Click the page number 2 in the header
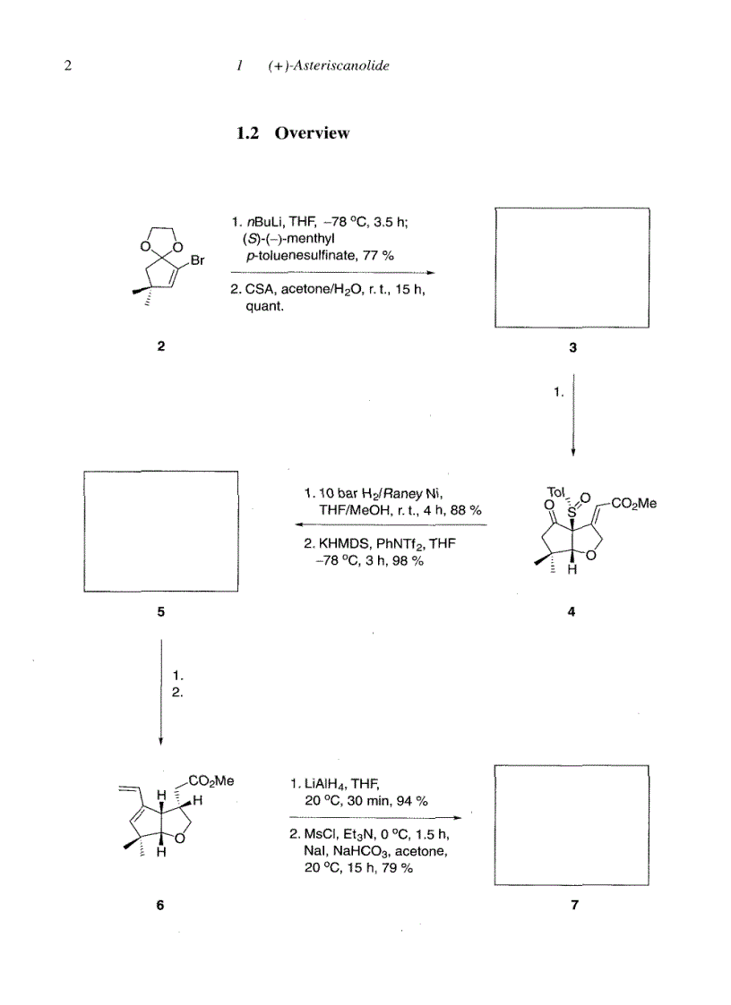[68, 66]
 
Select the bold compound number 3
[572, 349]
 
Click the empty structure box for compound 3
[572, 267]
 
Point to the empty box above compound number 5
[160, 531]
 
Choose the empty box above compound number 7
[572, 824]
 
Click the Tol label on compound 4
[555, 491]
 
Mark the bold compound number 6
[160, 905]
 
